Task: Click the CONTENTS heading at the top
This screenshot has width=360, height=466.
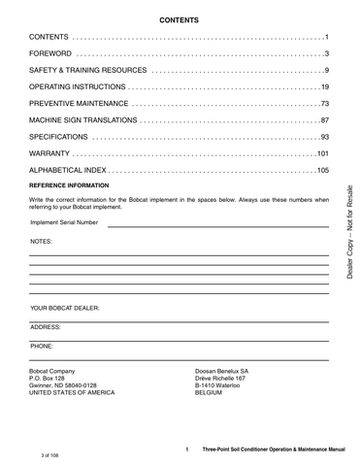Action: [180, 18]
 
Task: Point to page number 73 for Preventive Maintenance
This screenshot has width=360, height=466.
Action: [322, 104]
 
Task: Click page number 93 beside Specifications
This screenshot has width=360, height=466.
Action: [322, 137]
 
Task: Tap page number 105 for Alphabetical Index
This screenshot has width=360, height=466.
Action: [320, 170]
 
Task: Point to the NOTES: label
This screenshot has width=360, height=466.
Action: [41, 239]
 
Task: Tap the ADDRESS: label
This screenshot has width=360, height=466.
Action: [47, 327]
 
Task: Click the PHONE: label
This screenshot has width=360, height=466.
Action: [43, 345]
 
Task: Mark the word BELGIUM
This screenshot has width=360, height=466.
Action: [213, 393]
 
